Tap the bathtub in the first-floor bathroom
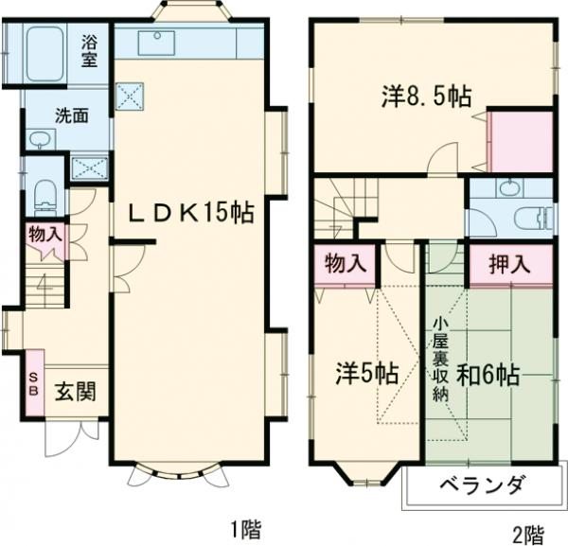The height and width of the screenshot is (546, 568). (x=42, y=55)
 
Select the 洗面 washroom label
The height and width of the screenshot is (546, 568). (x=72, y=116)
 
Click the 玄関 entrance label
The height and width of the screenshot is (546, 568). (x=72, y=391)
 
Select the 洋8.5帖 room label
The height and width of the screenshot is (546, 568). (x=427, y=97)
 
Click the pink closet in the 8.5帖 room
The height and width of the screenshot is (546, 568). (x=521, y=142)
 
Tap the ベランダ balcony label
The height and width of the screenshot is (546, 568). (x=482, y=486)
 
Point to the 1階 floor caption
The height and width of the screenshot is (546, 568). (x=245, y=528)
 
